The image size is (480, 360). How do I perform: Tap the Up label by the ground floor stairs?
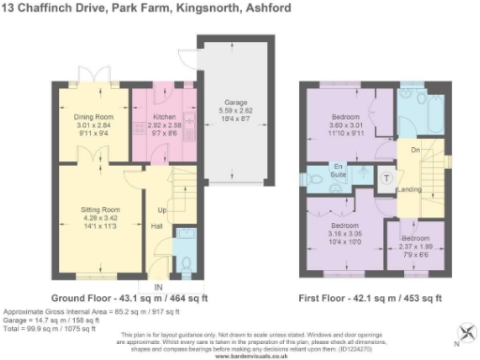pos(160,209)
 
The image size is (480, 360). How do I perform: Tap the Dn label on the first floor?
pos(412,149)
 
